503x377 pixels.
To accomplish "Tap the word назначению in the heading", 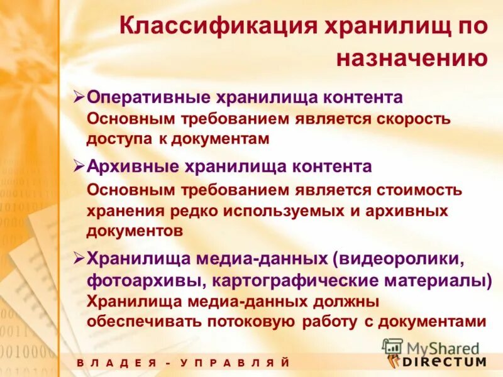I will [412, 58].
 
